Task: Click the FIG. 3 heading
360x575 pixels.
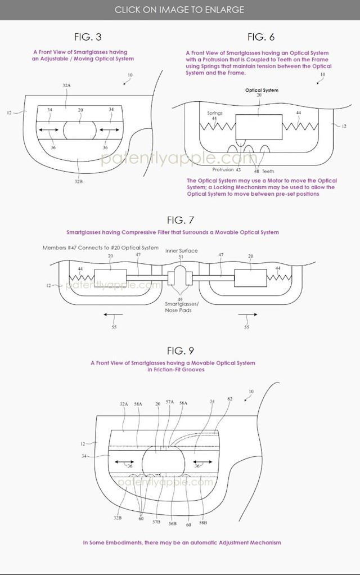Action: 88,37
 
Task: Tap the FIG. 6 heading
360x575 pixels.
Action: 260,37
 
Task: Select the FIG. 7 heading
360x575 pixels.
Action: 180,220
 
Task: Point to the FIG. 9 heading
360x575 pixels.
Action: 180,351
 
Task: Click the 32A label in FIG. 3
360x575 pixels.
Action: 66,86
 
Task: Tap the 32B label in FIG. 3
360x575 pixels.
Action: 78,181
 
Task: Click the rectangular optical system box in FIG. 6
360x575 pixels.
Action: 259,127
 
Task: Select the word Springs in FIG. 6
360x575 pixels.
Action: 215,113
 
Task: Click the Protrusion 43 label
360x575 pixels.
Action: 227,170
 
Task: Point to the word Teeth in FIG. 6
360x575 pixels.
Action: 268,171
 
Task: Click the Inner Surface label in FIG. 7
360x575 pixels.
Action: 182,251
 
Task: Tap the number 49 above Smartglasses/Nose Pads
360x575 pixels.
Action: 179,299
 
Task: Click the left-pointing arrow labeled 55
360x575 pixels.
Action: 110,315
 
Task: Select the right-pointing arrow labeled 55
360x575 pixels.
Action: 248,315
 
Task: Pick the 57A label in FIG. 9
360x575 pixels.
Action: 170,402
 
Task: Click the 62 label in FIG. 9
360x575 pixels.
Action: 230,399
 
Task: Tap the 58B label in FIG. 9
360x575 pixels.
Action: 203,523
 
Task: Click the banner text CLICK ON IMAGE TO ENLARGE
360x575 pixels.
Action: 179,10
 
